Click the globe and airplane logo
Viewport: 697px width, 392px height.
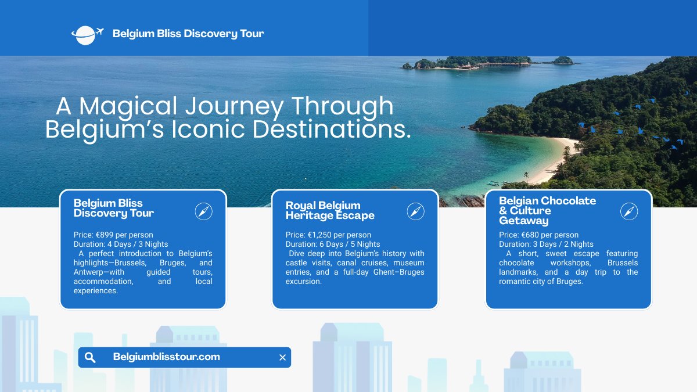[87, 35]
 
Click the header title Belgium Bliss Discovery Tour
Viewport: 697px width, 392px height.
[188, 34]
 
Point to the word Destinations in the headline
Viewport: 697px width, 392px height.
[332, 130]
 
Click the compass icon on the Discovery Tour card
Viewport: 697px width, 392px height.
[204, 211]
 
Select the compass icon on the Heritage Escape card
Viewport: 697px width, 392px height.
[416, 211]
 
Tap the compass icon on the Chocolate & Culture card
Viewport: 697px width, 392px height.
[629, 211]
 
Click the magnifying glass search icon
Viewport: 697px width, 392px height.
[90, 358]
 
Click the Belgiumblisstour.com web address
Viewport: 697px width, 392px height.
[167, 357]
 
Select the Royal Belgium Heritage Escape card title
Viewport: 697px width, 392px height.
[330, 210]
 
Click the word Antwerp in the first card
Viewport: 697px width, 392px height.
[85, 272]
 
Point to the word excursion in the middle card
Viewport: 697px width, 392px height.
[303, 282]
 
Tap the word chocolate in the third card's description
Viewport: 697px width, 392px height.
[516, 263]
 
